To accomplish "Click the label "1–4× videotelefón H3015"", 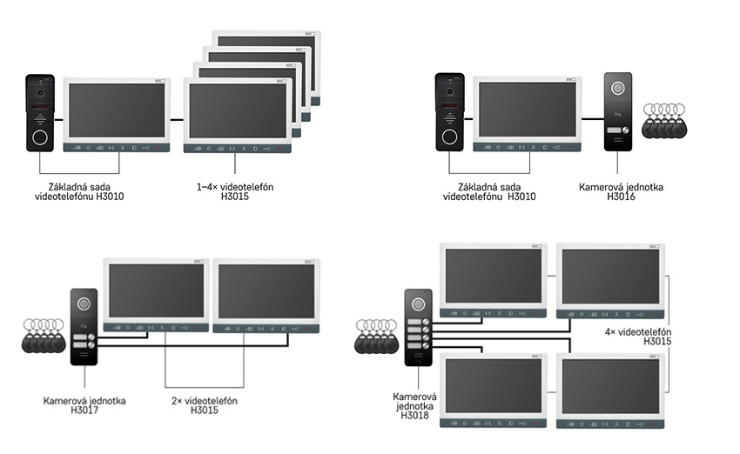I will (x=229, y=191).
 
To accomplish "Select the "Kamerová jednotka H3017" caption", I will (x=84, y=405).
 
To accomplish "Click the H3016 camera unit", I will (x=618, y=111).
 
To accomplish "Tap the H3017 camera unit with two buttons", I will (x=84, y=326).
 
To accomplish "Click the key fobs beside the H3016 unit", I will (x=664, y=122).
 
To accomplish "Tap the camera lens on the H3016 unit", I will (x=618, y=88).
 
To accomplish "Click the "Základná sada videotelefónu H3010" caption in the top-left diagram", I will (x=80, y=191).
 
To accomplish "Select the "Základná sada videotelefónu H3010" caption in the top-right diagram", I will (x=489, y=191).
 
